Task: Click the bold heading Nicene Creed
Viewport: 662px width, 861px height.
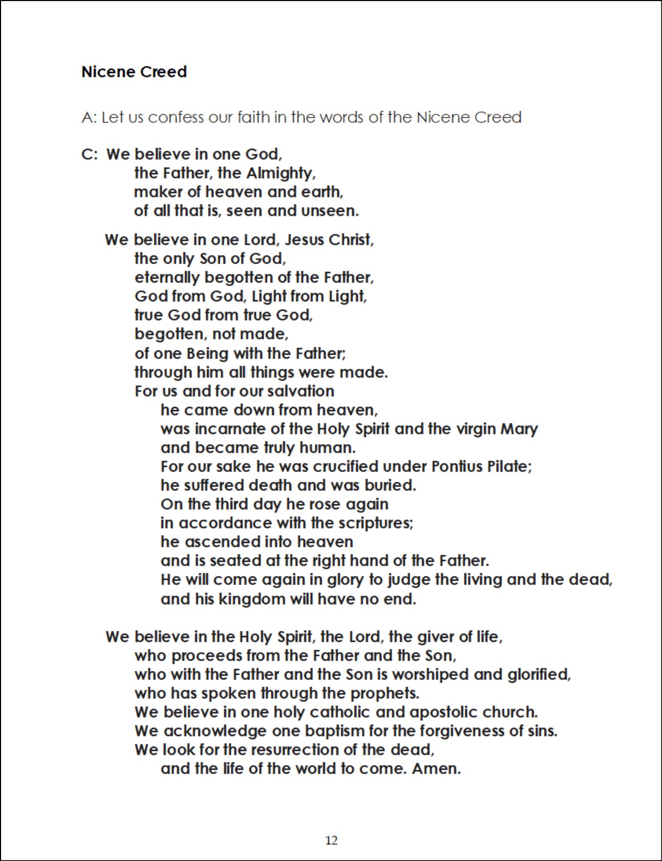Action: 134,72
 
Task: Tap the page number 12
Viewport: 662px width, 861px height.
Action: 331,840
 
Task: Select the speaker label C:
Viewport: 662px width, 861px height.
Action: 89,155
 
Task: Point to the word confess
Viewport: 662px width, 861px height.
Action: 175,117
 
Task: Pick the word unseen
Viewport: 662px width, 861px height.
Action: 330,211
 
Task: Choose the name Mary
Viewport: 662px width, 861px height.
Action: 519,429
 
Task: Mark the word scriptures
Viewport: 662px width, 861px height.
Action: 375,523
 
